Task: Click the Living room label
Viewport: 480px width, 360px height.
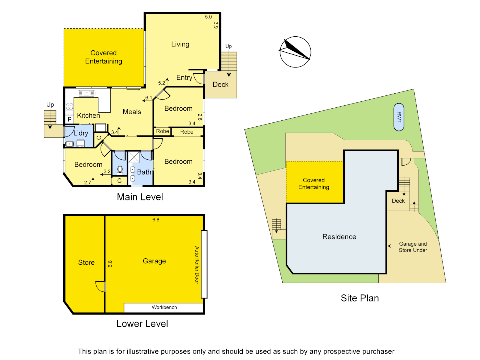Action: point(180,44)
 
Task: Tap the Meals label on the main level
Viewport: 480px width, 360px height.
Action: point(132,112)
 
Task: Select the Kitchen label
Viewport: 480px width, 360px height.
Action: point(88,116)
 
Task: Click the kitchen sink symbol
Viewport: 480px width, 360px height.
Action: point(86,93)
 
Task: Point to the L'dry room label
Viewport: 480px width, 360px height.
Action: point(81,133)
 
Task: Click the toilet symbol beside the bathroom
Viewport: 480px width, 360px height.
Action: point(120,170)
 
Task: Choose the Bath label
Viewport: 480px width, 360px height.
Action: point(144,172)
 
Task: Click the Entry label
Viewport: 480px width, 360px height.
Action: point(184,78)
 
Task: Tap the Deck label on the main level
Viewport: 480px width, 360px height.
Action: point(221,85)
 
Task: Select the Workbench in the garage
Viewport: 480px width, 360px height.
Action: point(164,307)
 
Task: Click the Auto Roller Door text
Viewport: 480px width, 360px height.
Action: point(197,265)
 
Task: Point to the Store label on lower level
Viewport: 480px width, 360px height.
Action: point(86,263)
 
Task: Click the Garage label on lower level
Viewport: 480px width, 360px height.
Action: point(154,261)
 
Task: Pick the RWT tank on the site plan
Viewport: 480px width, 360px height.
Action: point(399,117)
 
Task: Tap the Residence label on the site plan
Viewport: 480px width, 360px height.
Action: point(339,237)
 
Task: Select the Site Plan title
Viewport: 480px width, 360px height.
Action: point(360,298)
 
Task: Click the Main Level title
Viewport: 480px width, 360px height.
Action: point(140,197)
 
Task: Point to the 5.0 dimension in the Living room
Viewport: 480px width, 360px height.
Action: point(208,17)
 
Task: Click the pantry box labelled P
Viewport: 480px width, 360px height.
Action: point(70,119)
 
